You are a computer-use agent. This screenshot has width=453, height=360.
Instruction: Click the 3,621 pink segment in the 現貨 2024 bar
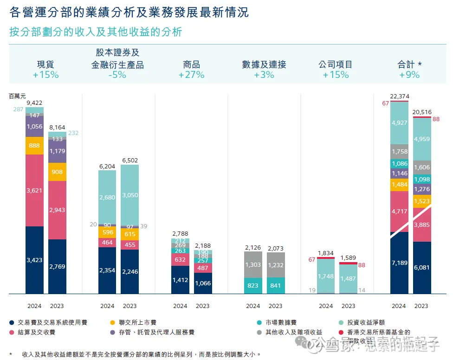34,190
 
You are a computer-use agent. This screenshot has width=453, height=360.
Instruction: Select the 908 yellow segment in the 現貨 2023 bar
57,172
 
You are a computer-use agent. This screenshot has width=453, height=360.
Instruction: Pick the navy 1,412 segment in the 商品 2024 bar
180,280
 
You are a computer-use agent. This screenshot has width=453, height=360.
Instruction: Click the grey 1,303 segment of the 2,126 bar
253,264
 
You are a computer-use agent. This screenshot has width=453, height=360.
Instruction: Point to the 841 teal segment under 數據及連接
275,286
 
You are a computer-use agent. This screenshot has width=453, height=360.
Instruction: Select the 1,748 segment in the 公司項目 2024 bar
326,276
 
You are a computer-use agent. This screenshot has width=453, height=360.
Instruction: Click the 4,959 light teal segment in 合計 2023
421,139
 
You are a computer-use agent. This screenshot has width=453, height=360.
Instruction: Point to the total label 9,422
34,103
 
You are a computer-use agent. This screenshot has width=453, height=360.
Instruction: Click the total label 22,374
399,96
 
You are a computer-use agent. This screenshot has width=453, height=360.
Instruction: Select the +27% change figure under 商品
191,75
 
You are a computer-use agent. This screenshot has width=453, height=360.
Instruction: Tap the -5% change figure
117,75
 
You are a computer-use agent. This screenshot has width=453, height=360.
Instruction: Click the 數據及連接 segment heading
264,64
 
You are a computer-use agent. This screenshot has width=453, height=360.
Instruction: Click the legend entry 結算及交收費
36,332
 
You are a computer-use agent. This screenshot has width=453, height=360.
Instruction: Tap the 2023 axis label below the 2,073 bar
275,306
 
